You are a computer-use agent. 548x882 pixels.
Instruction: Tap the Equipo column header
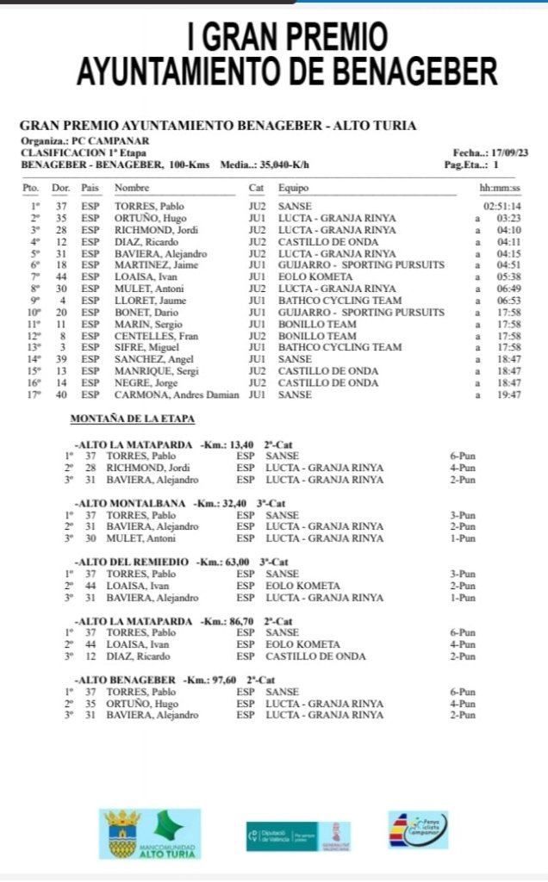294,188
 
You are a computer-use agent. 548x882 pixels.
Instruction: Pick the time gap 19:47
507,394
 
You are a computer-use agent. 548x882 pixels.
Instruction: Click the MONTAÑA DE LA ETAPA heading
132,419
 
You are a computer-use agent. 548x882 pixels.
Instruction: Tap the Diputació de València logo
298,835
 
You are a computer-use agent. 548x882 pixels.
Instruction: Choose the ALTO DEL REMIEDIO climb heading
132,562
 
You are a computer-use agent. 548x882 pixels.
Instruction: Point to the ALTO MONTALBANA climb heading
132,501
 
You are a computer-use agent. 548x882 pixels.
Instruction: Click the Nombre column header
132,188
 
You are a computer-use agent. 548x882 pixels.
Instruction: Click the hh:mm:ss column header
499,188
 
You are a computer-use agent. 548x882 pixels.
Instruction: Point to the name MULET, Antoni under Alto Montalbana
137,537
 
